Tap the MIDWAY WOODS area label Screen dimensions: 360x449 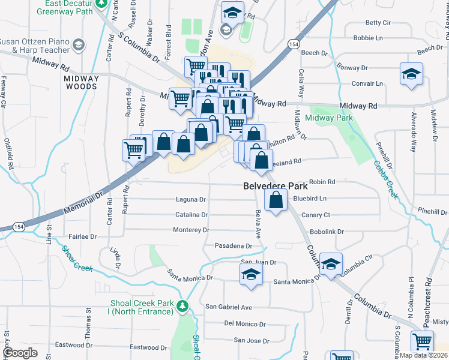(x=82, y=82)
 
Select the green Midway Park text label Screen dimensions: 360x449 (x=328, y=118)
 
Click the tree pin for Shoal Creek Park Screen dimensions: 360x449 (x=183, y=307)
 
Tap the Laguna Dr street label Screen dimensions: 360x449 (x=191, y=199)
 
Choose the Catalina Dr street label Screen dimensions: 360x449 (x=191, y=214)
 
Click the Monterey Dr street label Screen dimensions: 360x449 (x=191, y=230)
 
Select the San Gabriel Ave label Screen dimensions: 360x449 (x=229, y=307)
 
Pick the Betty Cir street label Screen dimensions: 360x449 (x=378, y=23)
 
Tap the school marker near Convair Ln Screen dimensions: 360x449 (x=411, y=74)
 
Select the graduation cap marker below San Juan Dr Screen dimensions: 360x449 (x=251, y=275)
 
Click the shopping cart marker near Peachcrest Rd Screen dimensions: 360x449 (x=423, y=341)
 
